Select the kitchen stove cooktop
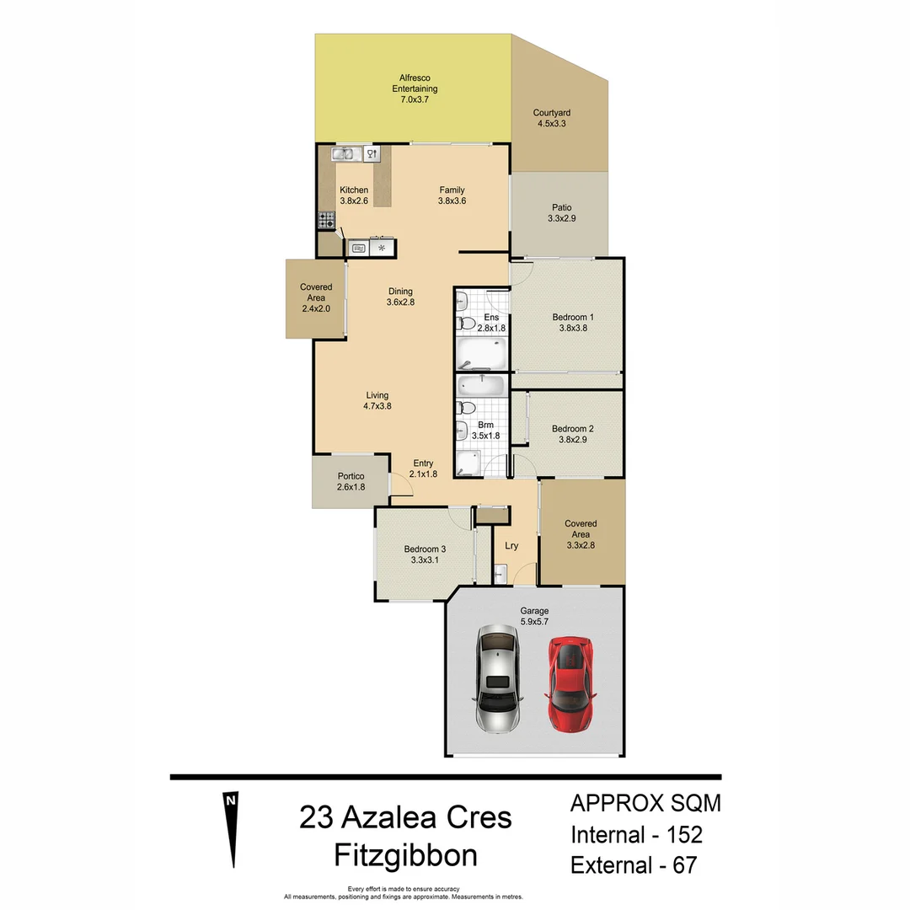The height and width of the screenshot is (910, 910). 327,220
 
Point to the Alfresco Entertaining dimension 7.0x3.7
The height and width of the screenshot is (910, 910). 414,99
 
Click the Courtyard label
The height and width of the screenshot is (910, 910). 552,112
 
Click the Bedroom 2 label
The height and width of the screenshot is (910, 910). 573,428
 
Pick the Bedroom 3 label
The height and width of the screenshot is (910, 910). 425,549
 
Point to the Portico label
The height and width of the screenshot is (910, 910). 351,476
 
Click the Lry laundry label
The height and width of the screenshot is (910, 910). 511,545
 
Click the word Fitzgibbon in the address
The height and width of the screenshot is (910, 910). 406,854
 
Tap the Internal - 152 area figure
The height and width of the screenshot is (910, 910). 636,834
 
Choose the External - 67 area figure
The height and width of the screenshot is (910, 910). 633,864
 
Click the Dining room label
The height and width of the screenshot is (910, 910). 400,292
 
